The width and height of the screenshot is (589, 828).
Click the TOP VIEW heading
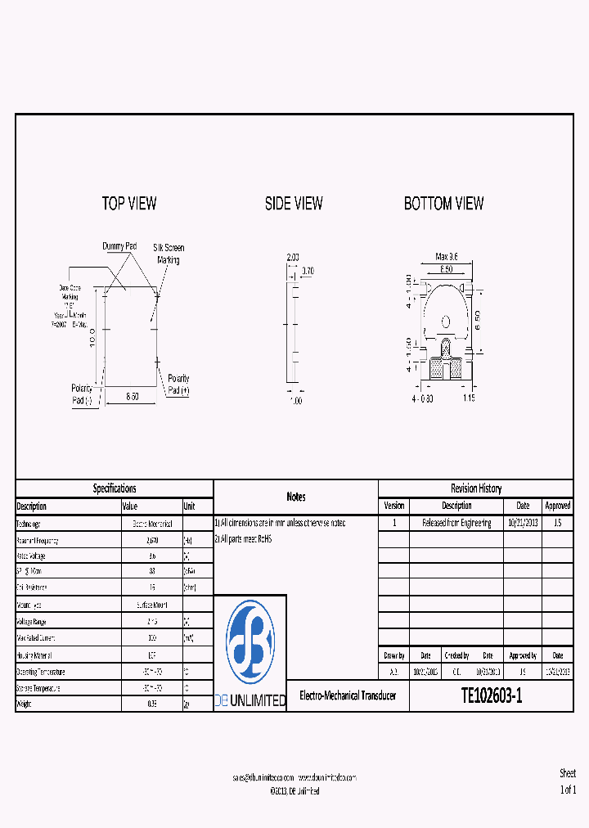(129, 204)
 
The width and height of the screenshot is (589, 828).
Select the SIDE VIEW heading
(294, 204)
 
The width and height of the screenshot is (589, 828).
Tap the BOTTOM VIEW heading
(443, 204)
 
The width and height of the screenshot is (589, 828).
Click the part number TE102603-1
(491, 696)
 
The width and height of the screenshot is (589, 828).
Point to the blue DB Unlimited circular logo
(250, 643)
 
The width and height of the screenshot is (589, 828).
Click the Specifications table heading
(115, 488)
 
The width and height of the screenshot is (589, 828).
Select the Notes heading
(296, 497)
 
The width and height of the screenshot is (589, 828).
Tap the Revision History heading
(476, 488)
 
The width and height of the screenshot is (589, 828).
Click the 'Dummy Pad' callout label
(119, 246)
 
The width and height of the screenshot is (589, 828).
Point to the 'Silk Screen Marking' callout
(169, 254)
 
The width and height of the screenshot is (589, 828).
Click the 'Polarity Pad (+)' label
(178, 385)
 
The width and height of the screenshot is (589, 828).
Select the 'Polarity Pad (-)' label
(83, 394)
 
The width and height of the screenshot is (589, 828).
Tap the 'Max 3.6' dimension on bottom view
(446, 257)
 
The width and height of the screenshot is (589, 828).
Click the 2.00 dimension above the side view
(293, 257)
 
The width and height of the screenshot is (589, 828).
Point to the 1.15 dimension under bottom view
(468, 398)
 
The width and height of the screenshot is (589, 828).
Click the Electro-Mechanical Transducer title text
(348, 696)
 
